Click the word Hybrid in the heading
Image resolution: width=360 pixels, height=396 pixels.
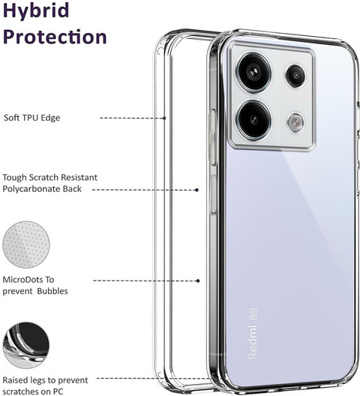click(x=36, y=10)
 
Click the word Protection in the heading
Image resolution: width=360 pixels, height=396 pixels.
click(x=55, y=36)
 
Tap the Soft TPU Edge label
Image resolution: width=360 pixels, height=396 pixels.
click(x=32, y=118)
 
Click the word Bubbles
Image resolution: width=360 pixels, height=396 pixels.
click(x=52, y=291)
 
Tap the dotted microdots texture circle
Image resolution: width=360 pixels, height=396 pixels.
click(x=26, y=244)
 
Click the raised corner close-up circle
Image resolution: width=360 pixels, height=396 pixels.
click(x=26, y=345)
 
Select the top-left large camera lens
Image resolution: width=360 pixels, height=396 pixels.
click(x=254, y=73)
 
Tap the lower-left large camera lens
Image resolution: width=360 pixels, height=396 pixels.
click(x=254, y=119)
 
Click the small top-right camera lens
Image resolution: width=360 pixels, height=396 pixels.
click(x=295, y=76)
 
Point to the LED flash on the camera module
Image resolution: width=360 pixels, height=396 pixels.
click(x=295, y=123)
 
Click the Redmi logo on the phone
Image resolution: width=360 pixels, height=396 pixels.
click(x=253, y=341)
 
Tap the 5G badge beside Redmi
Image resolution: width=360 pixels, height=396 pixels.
click(x=253, y=313)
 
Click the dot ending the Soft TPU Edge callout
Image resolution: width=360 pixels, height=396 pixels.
click(x=164, y=118)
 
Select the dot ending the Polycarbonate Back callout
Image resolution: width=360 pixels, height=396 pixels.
click(x=196, y=190)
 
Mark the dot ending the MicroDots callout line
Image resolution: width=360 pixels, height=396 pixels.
click(x=198, y=280)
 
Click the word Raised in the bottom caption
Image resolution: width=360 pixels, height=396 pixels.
click(x=16, y=380)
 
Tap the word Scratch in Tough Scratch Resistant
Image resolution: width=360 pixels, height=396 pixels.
click(x=42, y=177)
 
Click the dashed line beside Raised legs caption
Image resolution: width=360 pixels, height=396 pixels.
click(x=154, y=378)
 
